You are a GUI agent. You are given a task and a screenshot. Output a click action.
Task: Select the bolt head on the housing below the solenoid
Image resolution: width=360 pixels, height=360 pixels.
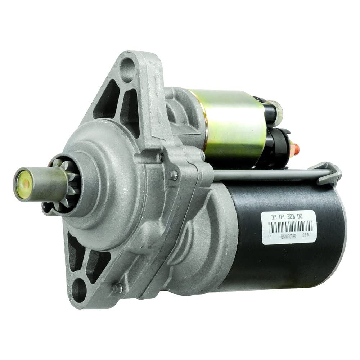tap(174, 176)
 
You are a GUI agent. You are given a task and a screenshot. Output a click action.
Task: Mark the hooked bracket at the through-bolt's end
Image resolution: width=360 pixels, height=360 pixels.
tap(328, 173)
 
